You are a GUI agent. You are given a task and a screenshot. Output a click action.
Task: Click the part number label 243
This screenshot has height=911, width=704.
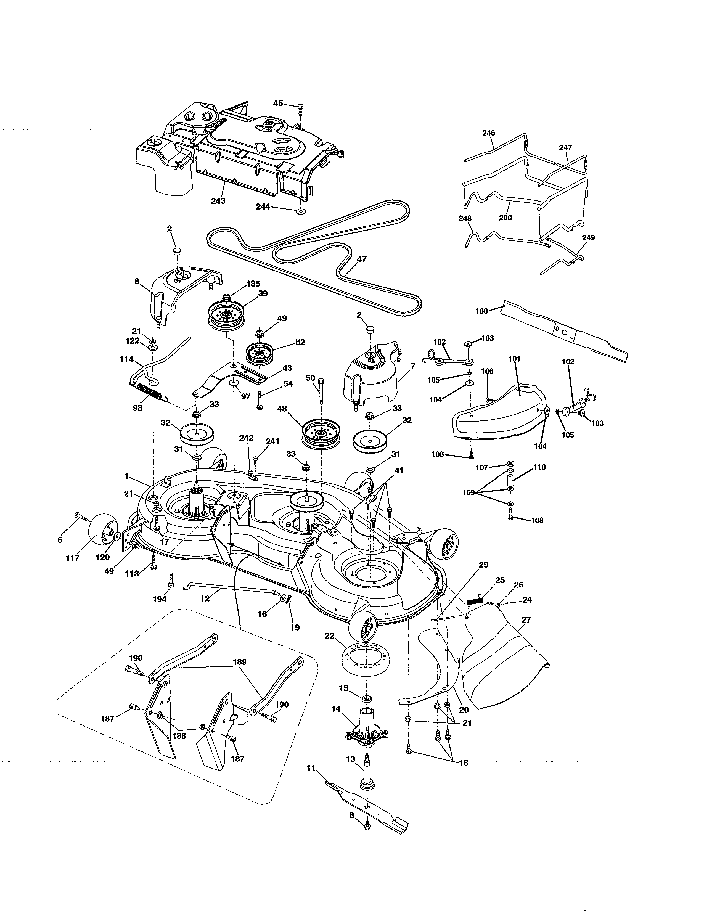click(x=218, y=201)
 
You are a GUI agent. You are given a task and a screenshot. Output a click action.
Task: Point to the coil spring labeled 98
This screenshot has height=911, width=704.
click(x=151, y=393)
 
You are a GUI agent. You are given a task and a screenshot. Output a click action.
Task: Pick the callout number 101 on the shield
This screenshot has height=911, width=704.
click(x=514, y=359)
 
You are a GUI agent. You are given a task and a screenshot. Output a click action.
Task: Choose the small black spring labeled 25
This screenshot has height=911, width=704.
click(x=474, y=601)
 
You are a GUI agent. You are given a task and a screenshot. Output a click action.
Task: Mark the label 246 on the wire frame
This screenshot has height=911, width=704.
click(x=488, y=133)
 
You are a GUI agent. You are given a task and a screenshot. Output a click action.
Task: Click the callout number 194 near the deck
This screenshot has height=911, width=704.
click(x=159, y=599)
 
